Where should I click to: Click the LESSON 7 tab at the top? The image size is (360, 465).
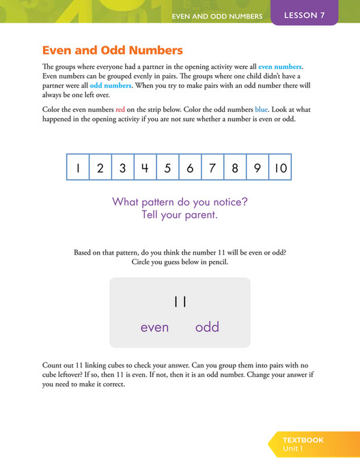(x=304, y=15)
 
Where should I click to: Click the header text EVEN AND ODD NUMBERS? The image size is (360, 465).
(x=217, y=16)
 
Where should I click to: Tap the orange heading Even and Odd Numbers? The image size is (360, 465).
(x=113, y=51)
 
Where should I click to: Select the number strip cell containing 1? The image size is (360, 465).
(x=78, y=167)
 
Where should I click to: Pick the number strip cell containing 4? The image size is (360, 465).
(x=145, y=167)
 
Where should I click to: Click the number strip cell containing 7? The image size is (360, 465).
(x=212, y=167)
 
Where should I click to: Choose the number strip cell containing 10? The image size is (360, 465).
(x=281, y=167)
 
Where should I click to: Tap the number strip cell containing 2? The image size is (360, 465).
(x=100, y=167)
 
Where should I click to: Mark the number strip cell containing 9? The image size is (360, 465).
(x=257, y=167)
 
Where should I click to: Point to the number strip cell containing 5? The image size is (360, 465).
(x=167, y=167)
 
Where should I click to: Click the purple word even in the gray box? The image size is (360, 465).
(x=154, y=327)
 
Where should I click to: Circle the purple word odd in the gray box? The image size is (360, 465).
(x=207, y=327)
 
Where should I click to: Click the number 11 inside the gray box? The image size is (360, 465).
(x=180, y=301)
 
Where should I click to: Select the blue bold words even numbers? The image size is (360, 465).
(x=279, y=67)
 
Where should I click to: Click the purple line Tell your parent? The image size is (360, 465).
(x=180, y=216)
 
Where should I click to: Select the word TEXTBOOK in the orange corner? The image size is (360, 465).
(x=303, y=440)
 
